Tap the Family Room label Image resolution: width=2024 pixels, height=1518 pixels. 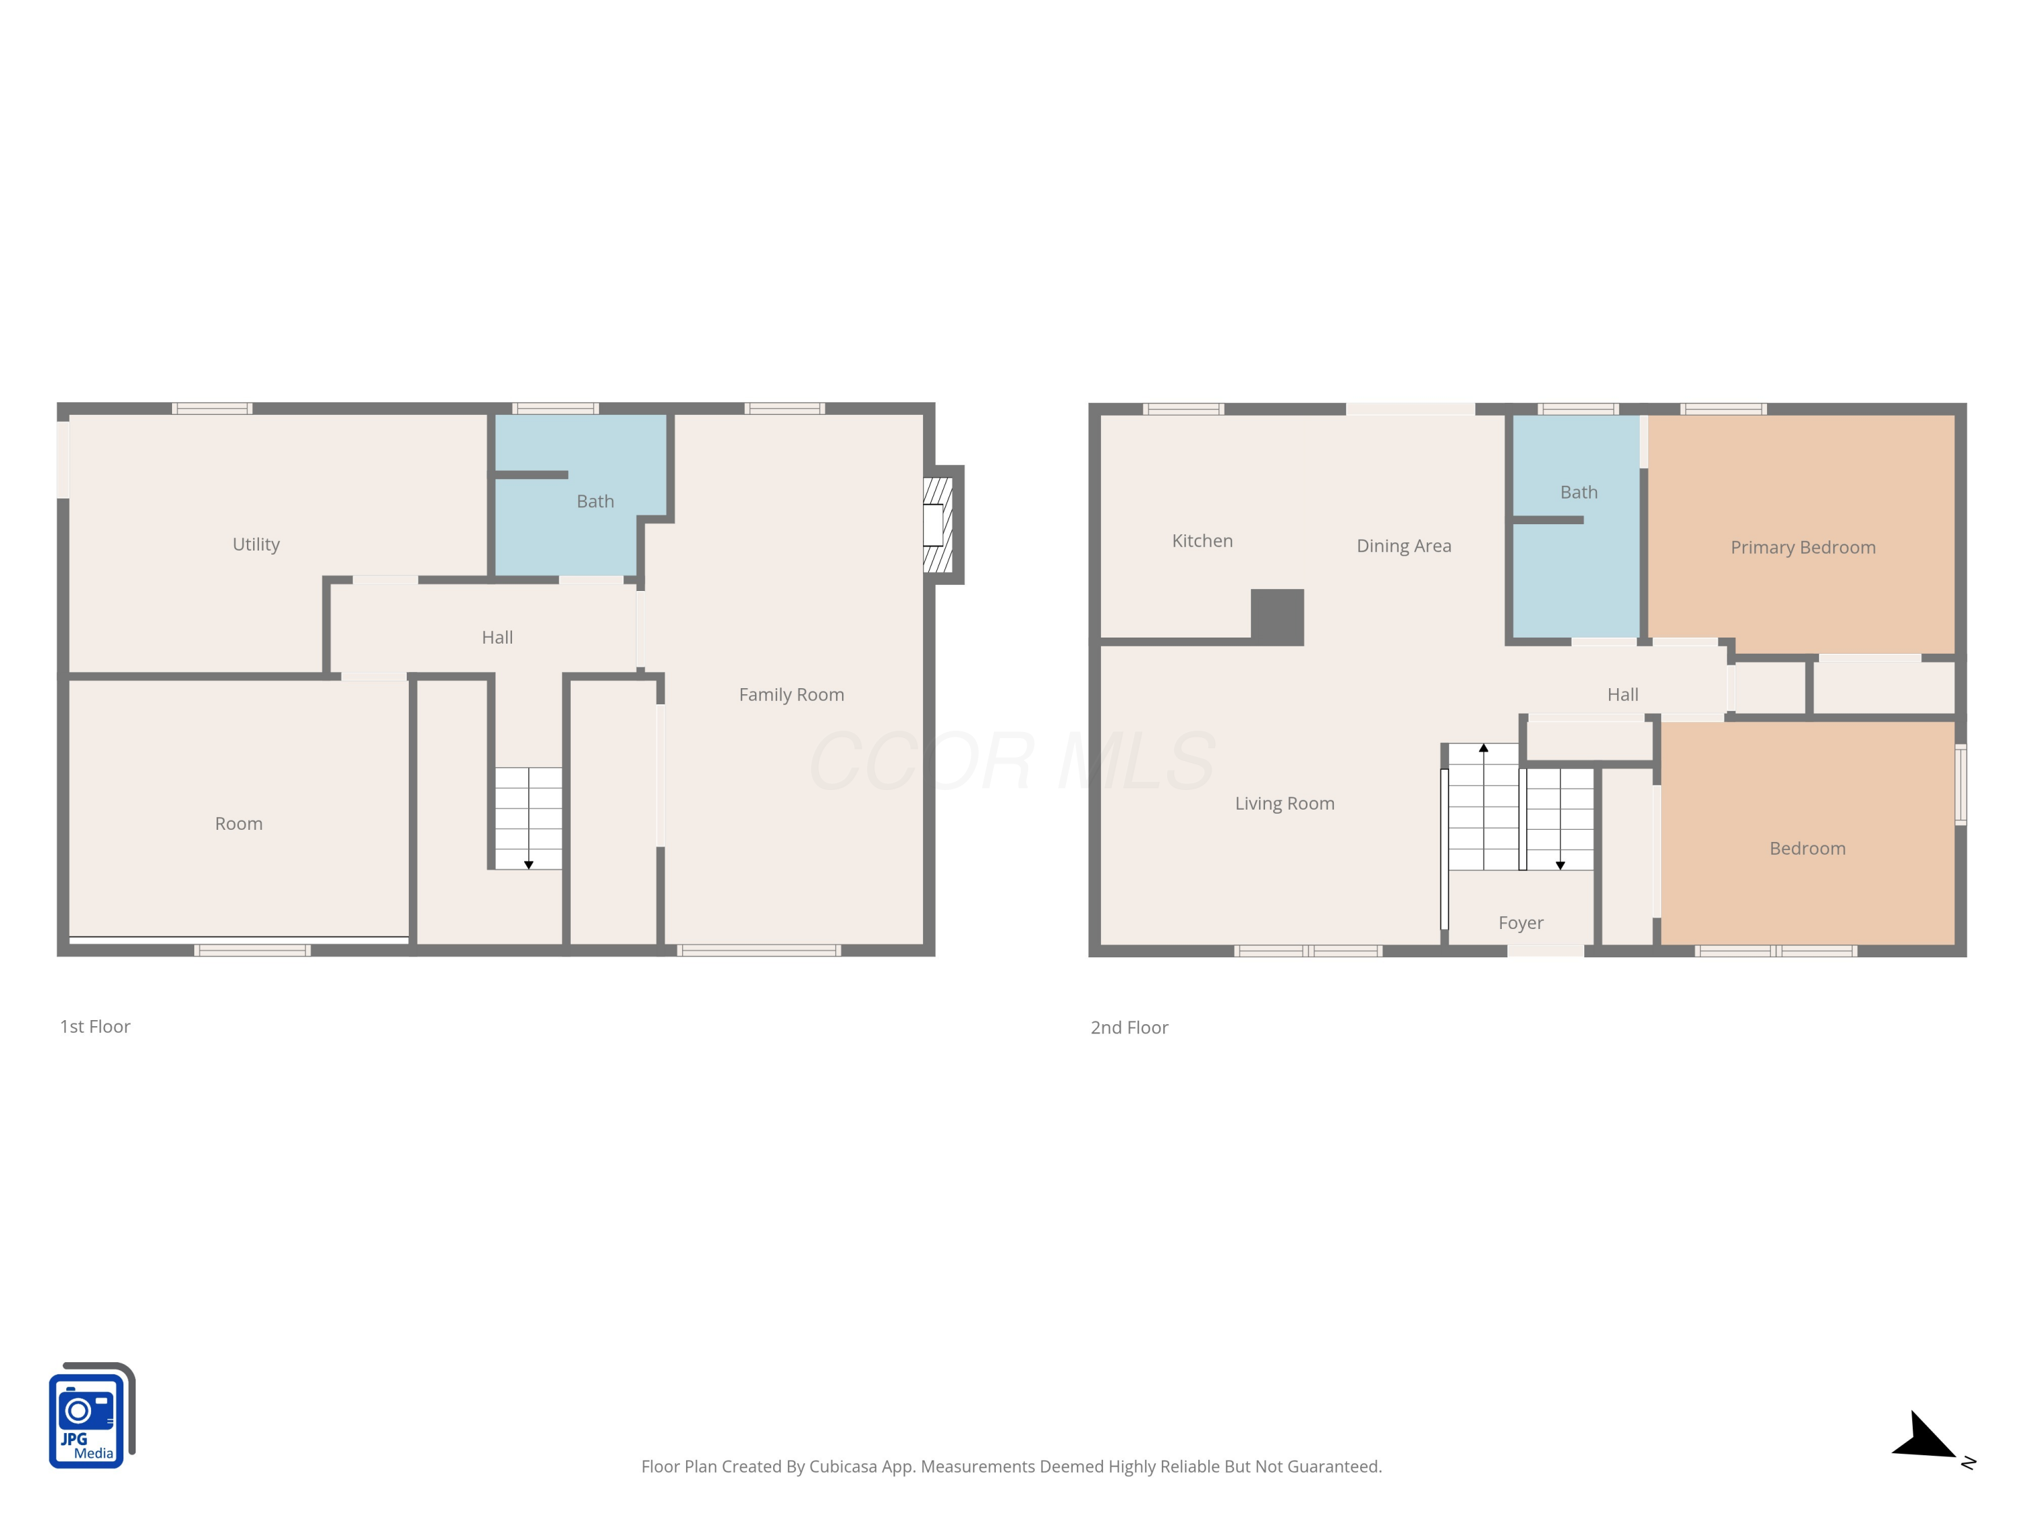pos(791,694)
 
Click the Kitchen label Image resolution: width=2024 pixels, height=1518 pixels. pos(1202,541)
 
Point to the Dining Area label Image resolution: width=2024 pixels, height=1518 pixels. pos(1403,546)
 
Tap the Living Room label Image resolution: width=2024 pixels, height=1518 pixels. pos(1284,804)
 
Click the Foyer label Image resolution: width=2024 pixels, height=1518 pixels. pos(1520,923)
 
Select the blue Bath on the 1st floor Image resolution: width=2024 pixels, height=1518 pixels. pos(595,501)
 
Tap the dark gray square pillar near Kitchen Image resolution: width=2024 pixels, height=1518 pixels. pos(1276,617)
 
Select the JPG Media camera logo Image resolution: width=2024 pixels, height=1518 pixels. pos(90,1416)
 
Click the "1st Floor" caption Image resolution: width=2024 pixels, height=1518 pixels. pos(95,1027)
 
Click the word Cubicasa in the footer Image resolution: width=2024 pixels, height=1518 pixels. pos(842,1467)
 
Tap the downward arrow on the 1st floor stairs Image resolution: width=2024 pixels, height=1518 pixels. pos(528,864)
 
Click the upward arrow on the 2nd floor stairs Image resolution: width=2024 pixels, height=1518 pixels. pos(1483,748)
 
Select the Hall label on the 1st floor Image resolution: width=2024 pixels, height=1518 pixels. pos(497,638)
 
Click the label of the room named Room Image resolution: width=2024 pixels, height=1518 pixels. pos(238,824)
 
